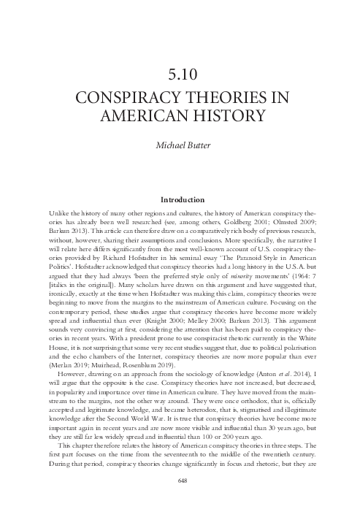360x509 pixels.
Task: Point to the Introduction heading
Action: (x=180, y=197)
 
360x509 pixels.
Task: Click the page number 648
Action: (x=180, y=482)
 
